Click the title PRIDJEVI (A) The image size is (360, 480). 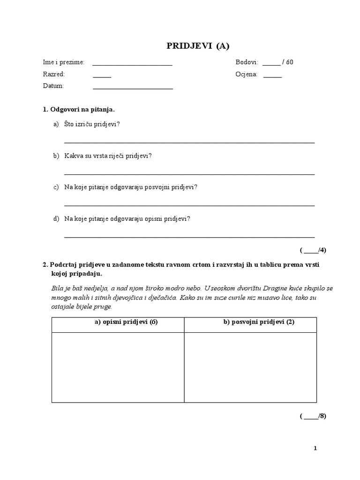198,45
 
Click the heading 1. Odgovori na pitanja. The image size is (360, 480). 79,109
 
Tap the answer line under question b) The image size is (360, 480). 189,174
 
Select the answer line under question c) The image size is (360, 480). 189,205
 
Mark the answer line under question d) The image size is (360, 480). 189,237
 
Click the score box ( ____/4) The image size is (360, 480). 313,250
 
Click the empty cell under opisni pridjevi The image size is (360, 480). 118,367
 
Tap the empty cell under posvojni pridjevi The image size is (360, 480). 250,367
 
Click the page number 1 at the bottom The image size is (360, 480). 315,449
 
